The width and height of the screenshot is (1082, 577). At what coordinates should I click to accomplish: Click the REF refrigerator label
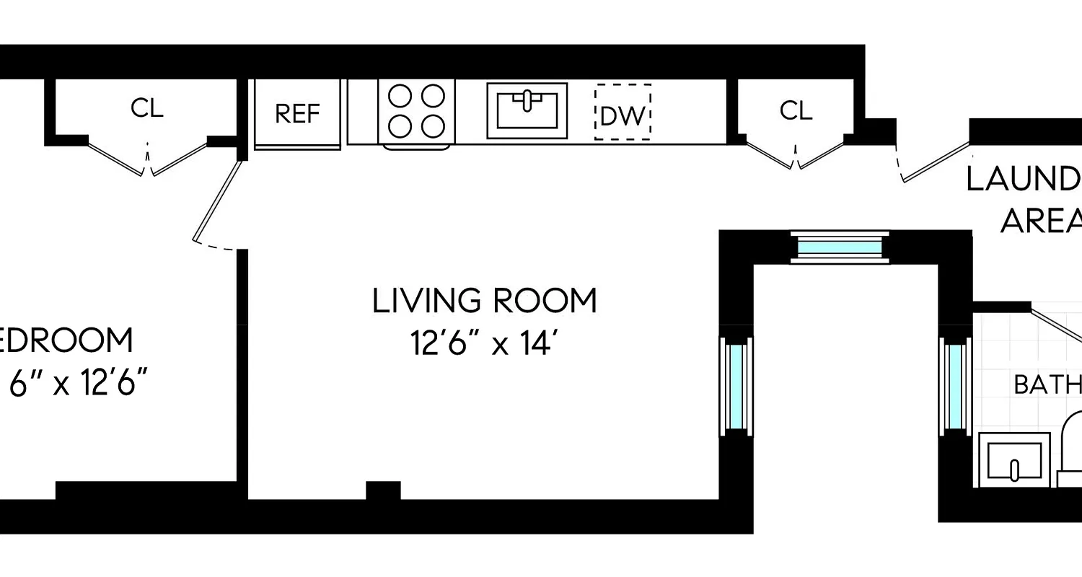[297, 114]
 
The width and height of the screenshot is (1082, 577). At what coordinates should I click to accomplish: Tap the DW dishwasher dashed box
[623, 113]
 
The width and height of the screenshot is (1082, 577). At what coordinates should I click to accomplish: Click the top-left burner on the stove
[400, 96]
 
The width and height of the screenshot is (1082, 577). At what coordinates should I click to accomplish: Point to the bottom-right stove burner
[433, 126]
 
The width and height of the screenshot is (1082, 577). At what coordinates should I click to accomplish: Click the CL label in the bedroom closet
[147, 108]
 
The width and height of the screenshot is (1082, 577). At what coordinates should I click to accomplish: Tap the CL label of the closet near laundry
[796, 110]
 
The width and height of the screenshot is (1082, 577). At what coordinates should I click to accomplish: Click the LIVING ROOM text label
[485, 301]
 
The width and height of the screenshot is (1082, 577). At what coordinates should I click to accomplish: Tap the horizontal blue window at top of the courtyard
[840, 247]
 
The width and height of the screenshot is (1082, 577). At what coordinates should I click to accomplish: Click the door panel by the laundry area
[936, 162]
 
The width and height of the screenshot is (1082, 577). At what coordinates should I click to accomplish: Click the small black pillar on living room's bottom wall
[383, 490]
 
